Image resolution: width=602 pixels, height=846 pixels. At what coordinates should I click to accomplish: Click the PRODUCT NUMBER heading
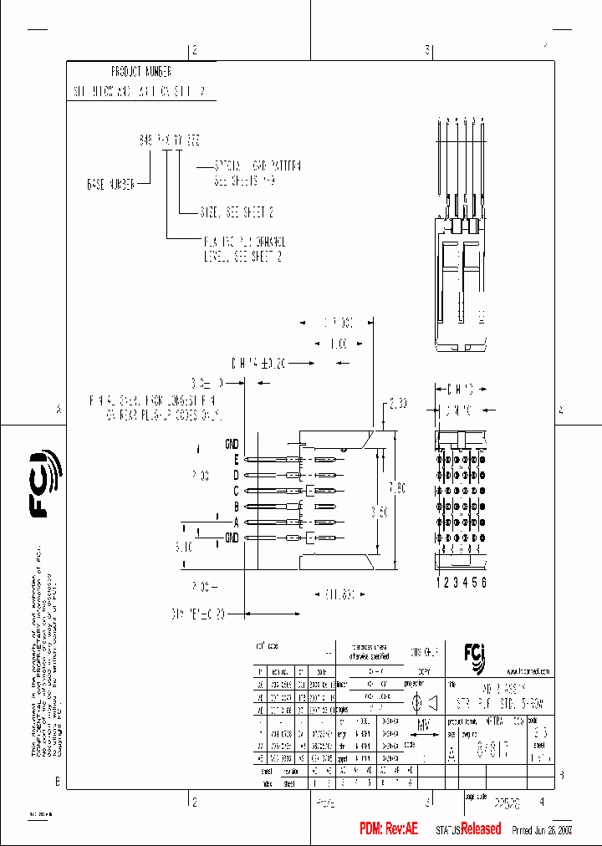(140, 72)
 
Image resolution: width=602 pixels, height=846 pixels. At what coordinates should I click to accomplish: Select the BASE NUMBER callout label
(110, 183)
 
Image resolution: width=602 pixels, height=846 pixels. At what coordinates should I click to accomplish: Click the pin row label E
(237, 460)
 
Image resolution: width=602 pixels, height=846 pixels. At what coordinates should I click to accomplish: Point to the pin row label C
(237, 491)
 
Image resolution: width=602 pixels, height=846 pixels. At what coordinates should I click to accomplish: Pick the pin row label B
(237, 507)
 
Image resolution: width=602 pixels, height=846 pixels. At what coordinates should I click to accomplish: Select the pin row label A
(237, 522)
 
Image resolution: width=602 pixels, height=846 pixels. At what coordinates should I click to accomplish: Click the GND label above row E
(232, 443)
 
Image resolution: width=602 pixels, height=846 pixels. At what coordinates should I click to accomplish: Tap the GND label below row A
(232, 538)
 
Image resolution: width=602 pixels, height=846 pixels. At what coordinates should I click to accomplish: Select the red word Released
(481, 829)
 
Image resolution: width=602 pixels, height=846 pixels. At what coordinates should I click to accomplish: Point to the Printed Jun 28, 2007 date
(541, 830)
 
